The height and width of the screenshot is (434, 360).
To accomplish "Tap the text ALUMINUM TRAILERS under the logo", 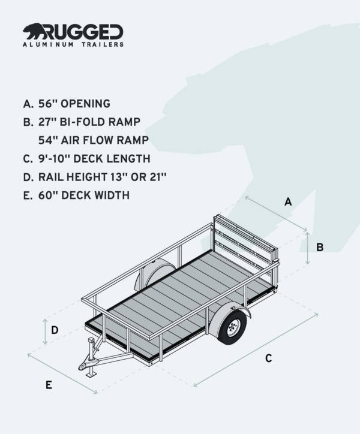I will pos(73,44).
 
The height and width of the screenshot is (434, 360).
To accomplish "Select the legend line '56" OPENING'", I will pos(67,104).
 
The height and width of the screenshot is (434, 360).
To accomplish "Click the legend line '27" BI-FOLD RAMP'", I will pos(82,122).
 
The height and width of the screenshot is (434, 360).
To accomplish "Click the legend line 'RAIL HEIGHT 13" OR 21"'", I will pos(94,177).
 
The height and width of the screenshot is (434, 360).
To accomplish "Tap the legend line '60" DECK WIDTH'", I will pos(76,195).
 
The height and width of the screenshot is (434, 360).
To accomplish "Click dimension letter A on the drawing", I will pos(287,202).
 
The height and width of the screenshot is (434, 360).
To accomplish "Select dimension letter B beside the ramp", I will pos(320,247).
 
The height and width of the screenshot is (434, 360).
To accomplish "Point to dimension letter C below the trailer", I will pos(268,358).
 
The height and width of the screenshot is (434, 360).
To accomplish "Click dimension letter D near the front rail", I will pos(55,330).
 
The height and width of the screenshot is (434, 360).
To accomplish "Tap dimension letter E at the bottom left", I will pos(49,385).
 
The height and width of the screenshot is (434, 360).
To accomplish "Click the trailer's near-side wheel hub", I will pos(233,327).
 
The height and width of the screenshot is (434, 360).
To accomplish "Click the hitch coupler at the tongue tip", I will pos(81,365).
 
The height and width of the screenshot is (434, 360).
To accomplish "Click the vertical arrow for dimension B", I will pos(307,249).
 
